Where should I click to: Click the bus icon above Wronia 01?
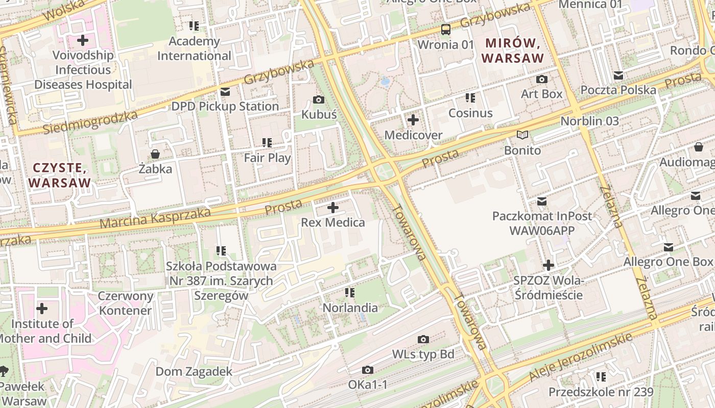click(x=446, y=29)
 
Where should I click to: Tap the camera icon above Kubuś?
click(x=319, y=99)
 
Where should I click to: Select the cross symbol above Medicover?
click(x=413, y=120)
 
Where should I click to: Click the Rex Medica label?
click(x=333, y=222)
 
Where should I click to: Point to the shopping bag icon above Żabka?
click(x=155, y=154)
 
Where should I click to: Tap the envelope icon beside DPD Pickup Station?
click(x=225, y=92)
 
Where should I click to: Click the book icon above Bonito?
click(x=522, y=135)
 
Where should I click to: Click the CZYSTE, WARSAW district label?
click(x=59, y=175)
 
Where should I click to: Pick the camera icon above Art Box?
click(x=542, y=79)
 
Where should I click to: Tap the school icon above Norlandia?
click(x=350, y=293)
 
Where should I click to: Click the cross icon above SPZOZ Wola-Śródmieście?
click(x=549, y=265)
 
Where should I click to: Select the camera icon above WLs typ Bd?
click(x=423, y=339)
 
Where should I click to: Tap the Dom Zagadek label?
click(x=194, y=371)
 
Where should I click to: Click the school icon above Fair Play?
click(x=267, y=143)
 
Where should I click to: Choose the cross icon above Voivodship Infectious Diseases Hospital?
click(x=83, y=40)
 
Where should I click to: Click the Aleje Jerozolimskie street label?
click(x=581, y=357)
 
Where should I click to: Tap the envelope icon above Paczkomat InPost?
click(x=542, y=201)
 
